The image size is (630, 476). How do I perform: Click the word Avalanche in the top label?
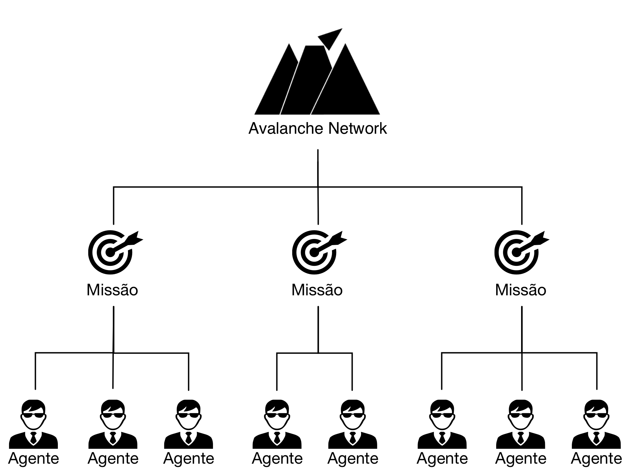[286, 128]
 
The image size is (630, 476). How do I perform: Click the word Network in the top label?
[358, 128]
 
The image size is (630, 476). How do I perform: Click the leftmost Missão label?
[112, 290]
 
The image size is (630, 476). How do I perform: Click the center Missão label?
[317, 290]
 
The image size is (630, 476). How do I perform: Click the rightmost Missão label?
[520, 290]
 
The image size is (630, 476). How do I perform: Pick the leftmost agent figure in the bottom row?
[33, 424]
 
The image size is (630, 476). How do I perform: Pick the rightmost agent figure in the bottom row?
[596, 424]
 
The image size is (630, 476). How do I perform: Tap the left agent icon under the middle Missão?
[277, 424]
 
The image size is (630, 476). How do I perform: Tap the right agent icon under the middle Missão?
[353, 424]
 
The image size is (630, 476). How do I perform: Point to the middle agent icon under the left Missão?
[113, 424]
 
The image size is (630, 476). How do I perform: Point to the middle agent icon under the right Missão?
[520, 424]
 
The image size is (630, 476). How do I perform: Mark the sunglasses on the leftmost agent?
[33, 416]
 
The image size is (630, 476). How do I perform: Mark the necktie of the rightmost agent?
[596, 438]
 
